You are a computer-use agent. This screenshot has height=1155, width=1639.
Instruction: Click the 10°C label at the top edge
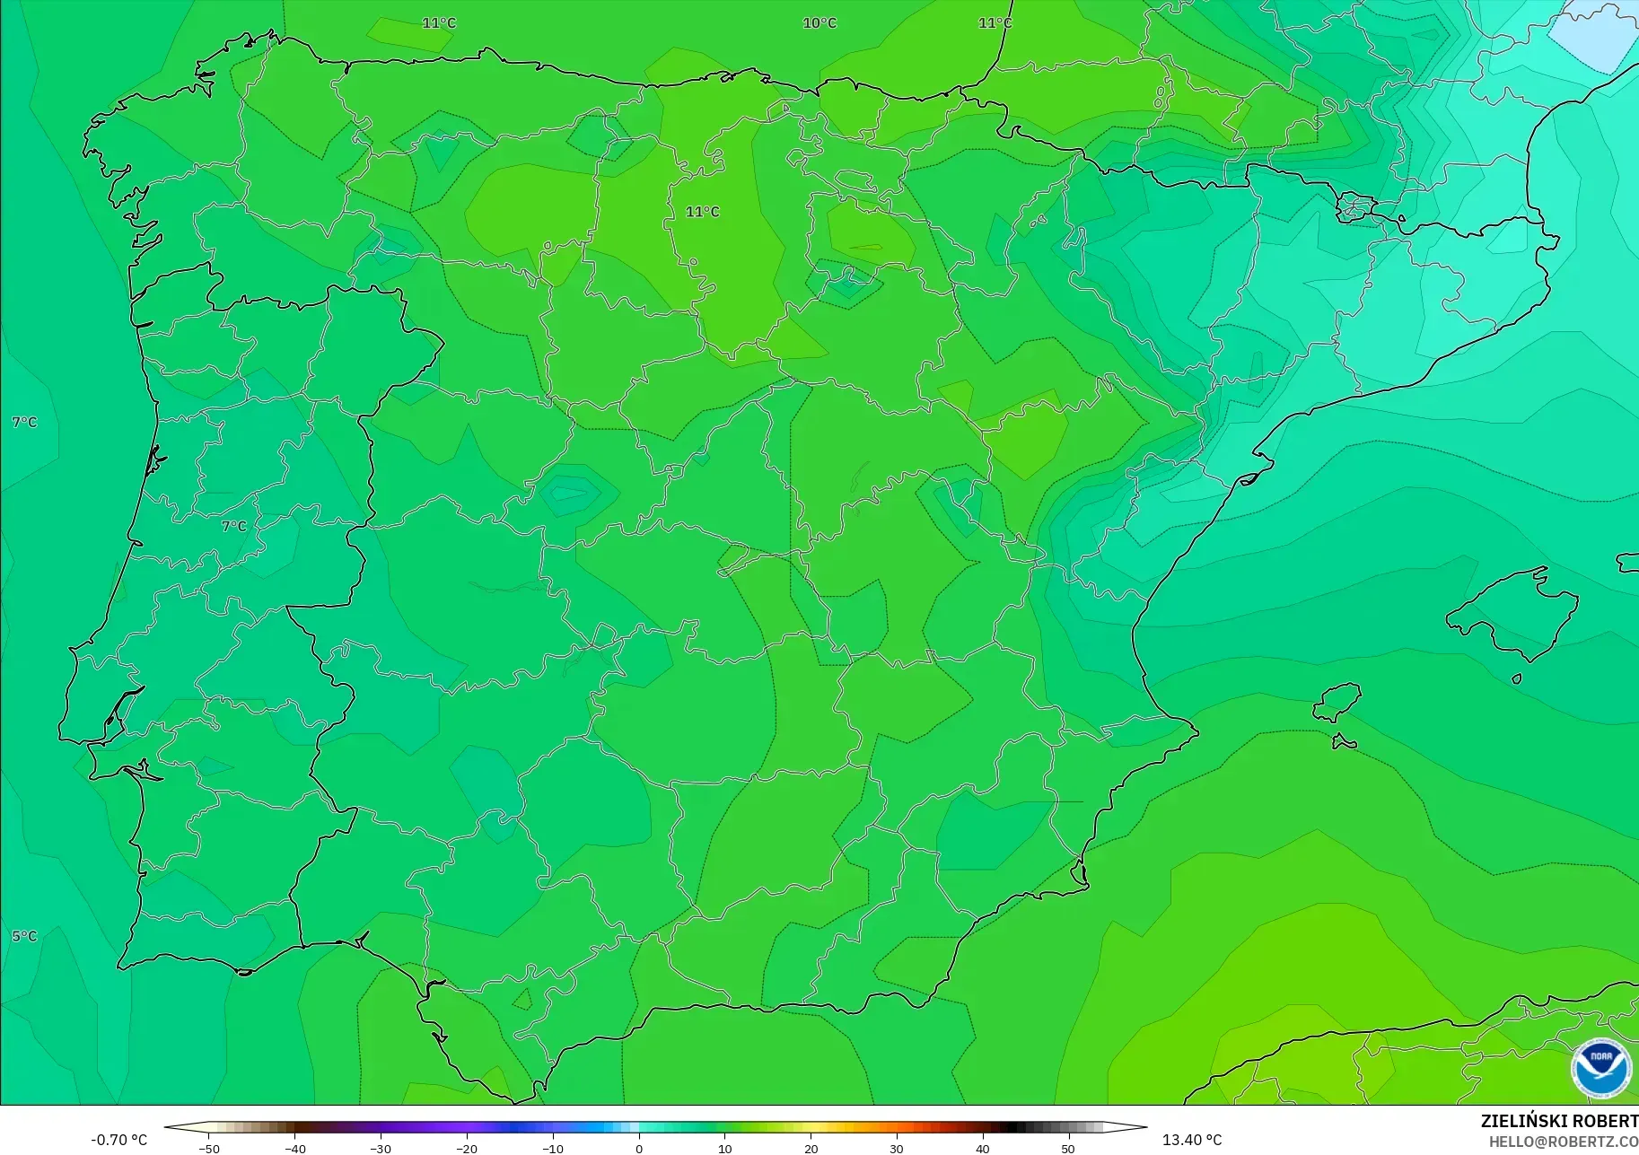(x=819, y=23)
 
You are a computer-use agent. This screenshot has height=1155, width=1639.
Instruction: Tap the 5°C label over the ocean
(x=24, y=936)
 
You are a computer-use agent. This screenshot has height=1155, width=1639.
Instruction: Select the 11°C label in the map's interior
(x=702, y=212)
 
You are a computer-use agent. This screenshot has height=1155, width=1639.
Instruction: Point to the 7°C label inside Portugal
(x=233, y=526)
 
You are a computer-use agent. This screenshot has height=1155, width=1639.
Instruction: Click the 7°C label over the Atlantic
(x=24, y=422)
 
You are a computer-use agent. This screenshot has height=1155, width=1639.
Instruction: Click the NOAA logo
(x=1600, y=1068)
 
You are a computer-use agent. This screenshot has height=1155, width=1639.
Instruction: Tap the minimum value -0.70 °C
(x=118, y=1140)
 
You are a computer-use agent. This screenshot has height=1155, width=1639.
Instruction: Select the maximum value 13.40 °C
(x=1192, y=1140)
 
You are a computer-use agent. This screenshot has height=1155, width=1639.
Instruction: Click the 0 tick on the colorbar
(x=639, y=1148)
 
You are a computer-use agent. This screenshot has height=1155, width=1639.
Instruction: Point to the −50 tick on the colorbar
(x=208, y=1148)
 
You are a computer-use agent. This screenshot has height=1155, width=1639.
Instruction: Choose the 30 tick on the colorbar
(x=897, y=1148)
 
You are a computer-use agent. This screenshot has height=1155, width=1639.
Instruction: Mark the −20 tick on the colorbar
(x=467, y=1148)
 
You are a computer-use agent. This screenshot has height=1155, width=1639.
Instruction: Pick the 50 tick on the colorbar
(x=1068, y=1148)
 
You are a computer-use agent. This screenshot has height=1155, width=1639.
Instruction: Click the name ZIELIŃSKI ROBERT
(x=1559, y=1121)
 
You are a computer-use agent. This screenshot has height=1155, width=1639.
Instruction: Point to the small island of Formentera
(x=1344, y=742)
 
